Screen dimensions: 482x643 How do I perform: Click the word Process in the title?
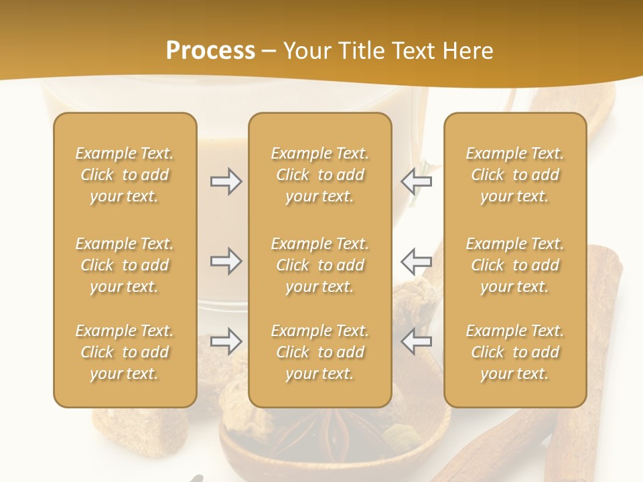[x=210, y=51]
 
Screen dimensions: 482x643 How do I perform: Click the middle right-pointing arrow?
[x=226, y=261]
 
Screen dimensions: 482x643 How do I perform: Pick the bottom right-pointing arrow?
[x=226, y=341]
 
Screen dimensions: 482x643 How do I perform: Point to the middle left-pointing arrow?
[x=417, y=261]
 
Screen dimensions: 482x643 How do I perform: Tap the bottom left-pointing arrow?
[x=417, y=341]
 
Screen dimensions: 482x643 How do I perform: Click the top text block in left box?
[x=125, y=175]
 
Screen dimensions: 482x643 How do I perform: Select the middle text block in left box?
[x=125, y=265]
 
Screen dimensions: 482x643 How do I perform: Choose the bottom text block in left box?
[x=125, y=352]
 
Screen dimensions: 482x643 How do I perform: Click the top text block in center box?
[x=320, y=175]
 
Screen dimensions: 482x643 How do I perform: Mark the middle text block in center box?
[x=320, y=265]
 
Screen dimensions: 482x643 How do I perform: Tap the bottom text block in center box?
[x=320, y=352]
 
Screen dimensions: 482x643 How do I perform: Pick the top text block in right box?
[x=515, y=175]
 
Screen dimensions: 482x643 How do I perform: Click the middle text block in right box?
[x=515, y=265]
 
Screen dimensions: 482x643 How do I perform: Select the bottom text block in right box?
[x=515, y=352]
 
